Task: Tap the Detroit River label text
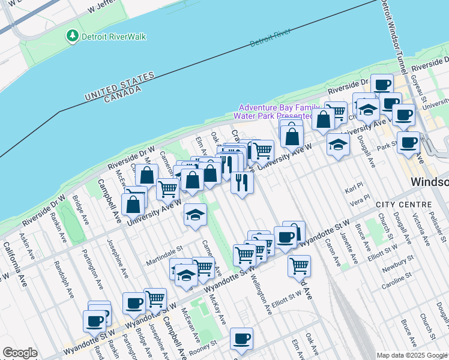[x=270, y=37]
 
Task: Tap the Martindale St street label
[x=164, y=247]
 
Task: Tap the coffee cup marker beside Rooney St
[x=241, y=338]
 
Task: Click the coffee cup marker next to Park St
[x=408, y=143]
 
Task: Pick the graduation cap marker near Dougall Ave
[x=339, y=145]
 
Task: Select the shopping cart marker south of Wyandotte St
[x=299, y=265]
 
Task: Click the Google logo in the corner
[x=20, y=353]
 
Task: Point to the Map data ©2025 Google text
[x=411, y=355]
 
